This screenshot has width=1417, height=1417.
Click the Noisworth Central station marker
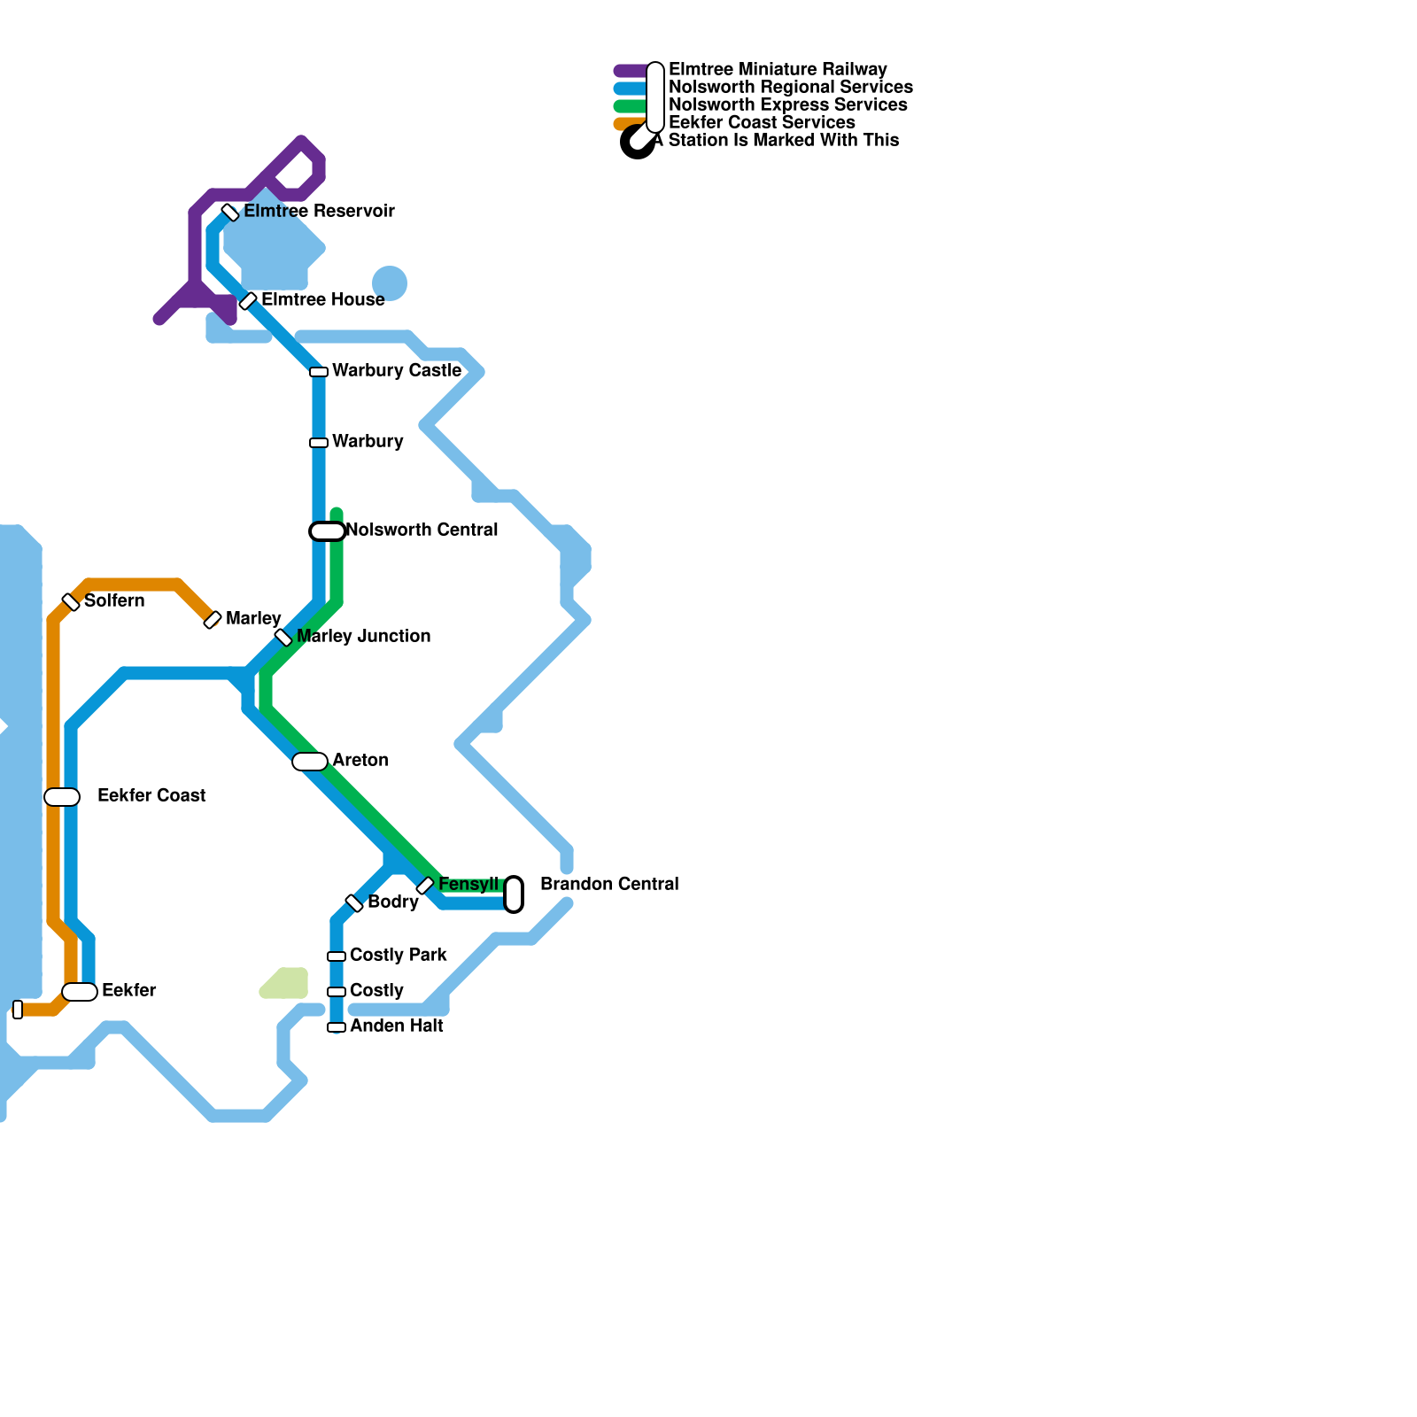pyautogui.click(x=327, y=531)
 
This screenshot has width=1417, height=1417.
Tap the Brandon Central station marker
pyautogui.click(x=514, y=894)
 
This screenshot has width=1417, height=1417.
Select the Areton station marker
pyautogui.click(x=310, y=762)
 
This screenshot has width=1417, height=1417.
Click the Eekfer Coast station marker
pyautogui.click(x=62, y=797)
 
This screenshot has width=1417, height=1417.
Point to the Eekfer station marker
pyautogui.click(x=80, y=992)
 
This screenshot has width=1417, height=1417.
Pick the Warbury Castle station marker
pyautogui.click(x=319, y=372)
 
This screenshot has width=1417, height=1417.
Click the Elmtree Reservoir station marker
pyautogui.click(x=230, y=213)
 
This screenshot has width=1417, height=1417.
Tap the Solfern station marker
pyautogui.click(x=71, y=602)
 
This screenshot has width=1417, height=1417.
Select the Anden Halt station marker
pyautogui.click(x=337, y=1027)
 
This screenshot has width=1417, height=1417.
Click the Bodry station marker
pyautogui.click(x=354, y=903)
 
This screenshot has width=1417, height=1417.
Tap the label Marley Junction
pyautogui.click(x=363, y=637)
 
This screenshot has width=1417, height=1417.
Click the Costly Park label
pyautogui.click(x=398, y=956)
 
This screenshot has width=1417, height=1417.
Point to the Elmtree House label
pyautogui.click(x=322, y=300)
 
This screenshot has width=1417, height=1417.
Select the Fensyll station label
pyautogui.click(x=468, y=885)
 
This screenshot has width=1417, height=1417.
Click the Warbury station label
pyautogui.click(x=368, y=442)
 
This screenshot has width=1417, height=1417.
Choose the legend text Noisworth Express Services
pyautogui.click(x=787, y=105)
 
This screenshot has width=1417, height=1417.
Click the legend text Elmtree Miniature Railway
pyautogui.click(x=777, y=70)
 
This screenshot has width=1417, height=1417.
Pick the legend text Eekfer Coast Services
pyautogui.click(x=762, y=123)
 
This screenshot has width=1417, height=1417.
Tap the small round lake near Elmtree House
pyautogui.click(x=390, y=283)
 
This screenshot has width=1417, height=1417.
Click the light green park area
pyautogui.click(x=286, y=984)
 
